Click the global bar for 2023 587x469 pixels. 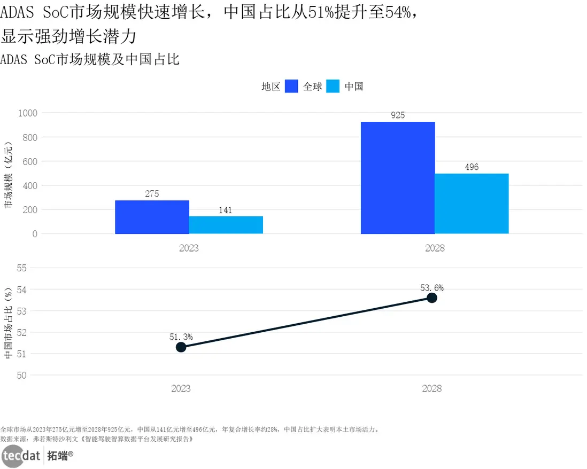tap(152, 217)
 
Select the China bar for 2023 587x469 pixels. tap(226, 225)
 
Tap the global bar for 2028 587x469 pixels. tap(398, 178)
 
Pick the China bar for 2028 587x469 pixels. tap(472, 204)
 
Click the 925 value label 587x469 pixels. tap(398, 115)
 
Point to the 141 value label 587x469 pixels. tap(226, 210)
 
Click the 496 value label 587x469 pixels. tap(472, 167)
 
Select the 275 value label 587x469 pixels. tap(152, 194)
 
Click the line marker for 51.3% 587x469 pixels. tap(181, 347)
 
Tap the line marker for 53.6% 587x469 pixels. tap(431, 298)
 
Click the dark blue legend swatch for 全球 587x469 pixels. tap(291, 86)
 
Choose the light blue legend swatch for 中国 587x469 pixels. tap(333, 86)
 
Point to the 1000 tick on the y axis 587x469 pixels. tap(28, 113)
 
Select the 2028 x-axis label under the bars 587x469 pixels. tap(435, 248)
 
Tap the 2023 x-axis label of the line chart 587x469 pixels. tap(181, 388)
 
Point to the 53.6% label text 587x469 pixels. tap(431, 288)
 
